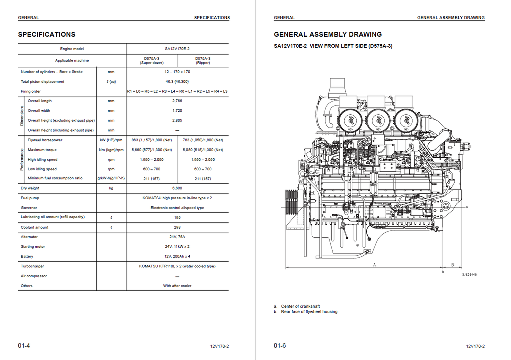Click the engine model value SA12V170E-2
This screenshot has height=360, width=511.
click(x=177, y=49)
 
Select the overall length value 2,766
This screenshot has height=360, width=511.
click(x=177, y=101)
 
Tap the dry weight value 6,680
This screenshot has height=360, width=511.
click(x=177, y=188)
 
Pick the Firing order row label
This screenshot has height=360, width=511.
click(x=31, y=91)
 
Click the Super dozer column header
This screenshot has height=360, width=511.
click(x=152, y=60)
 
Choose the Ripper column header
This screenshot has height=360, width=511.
click(x=203, y=60)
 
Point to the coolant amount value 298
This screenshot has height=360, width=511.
click(x=177, y=227)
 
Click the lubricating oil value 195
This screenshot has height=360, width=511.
click(x=177, y=218)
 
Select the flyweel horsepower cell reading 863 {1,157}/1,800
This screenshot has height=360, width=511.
click(x=152, y=140)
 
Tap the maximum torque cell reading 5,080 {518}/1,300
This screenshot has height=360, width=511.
click(x=203, y=150)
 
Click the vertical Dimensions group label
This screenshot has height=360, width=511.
click(x=22, y=116)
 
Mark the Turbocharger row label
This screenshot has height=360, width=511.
click(x=32, y=266)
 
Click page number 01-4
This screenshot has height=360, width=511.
click(x=24, y=346)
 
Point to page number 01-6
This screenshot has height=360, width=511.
click(x=280, y=346)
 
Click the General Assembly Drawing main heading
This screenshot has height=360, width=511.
click(x=328, y=34)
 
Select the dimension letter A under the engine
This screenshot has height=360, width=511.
click(x=374, y=265)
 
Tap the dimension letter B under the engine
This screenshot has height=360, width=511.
click(x=452, y=265)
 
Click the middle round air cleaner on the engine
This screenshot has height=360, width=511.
click(x=379, y=120)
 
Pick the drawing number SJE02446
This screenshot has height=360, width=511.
click(x=469, y=275)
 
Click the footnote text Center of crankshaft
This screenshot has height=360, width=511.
click(x=300, y=306)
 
